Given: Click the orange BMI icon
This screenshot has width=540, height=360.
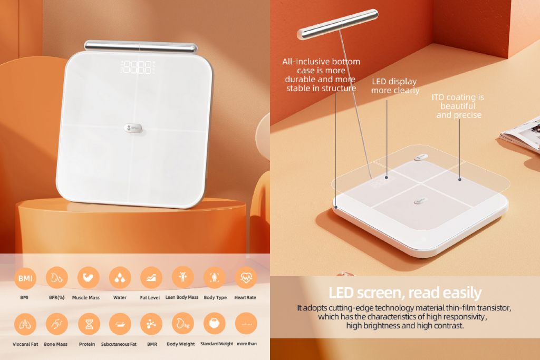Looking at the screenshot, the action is (25, 278).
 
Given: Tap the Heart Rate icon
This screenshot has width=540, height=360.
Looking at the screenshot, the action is (246, 277).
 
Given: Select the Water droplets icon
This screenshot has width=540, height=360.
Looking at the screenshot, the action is (120, 277).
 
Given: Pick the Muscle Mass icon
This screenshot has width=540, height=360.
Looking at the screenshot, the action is (88, 277).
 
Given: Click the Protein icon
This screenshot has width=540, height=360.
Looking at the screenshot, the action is (89, 324).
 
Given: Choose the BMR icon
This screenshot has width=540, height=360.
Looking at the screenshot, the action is (151, 324).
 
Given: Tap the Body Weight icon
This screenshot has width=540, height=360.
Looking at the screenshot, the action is (183, 324).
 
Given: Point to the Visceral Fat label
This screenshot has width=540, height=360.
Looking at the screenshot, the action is (25, 344).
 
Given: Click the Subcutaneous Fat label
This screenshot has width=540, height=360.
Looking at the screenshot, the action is (119, 344).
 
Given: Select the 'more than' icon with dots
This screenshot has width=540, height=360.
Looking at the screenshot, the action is (246, 324).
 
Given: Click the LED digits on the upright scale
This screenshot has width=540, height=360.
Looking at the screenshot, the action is (138, 67).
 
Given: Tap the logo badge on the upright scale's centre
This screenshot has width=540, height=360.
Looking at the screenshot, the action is (133, 128).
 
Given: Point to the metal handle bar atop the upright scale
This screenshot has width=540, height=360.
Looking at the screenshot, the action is (141, 47).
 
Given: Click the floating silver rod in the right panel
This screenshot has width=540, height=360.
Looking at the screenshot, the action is (337, 24).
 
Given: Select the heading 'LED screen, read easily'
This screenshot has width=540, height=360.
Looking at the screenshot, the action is (405, 293).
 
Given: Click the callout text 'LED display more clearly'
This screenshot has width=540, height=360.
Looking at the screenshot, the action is (395, 86).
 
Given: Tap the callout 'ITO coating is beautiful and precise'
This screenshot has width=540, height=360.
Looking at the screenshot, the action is (458, 106).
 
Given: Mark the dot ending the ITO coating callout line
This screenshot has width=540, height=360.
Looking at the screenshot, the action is (460, 179).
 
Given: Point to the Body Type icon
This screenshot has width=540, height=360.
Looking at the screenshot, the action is (215, 277).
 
